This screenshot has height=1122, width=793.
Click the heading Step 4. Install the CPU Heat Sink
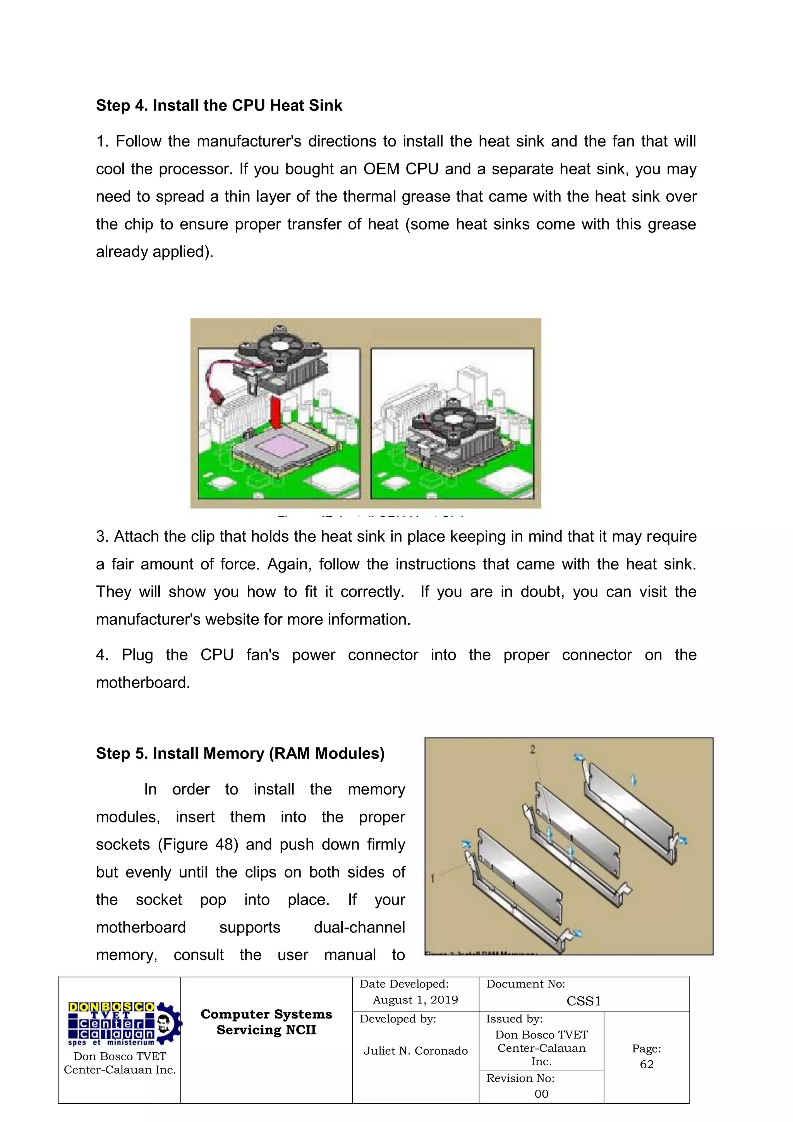[219, 105]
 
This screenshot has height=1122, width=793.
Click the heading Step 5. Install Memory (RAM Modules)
[240, 753]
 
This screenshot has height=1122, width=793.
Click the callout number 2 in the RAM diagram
[532, 749]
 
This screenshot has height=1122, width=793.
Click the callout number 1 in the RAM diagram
[433, 879]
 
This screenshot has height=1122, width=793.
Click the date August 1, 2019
[415, 1000]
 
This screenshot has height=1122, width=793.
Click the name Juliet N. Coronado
[415, 1051]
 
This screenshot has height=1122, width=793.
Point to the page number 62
[647, 1064]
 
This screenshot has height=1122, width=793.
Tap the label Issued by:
[514, 1019]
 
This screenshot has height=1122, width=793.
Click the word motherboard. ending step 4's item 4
[142, 683]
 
